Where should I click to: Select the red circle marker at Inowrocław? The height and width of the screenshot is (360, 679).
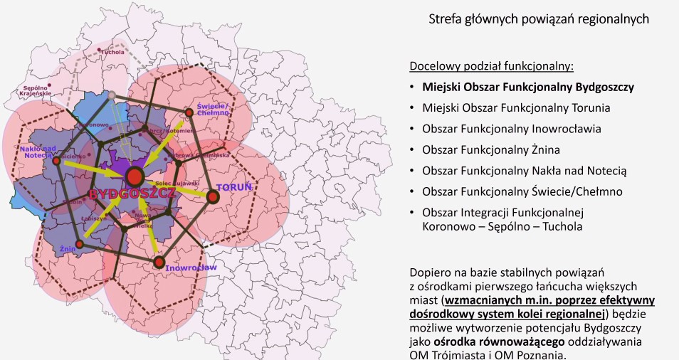(x=159, y=263)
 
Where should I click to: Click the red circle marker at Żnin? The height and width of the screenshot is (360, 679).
(x=80, y=244)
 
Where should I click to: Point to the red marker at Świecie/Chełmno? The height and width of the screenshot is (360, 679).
(x=189, y=112)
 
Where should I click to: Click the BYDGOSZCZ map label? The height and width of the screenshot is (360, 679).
(x=133, y=194)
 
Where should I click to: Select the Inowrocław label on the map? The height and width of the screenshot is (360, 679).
(x=191, y=268)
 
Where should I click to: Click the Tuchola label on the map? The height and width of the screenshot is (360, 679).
(x=112, y=52)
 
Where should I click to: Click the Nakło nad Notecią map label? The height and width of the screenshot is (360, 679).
(x=38, y=152)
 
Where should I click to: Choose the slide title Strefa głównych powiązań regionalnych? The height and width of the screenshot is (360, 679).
(x=539, y=19)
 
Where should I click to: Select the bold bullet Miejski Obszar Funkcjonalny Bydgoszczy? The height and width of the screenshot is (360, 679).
(x=527, y=88)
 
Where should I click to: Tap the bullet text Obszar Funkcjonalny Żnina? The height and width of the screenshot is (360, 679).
(x=490, y=150)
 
